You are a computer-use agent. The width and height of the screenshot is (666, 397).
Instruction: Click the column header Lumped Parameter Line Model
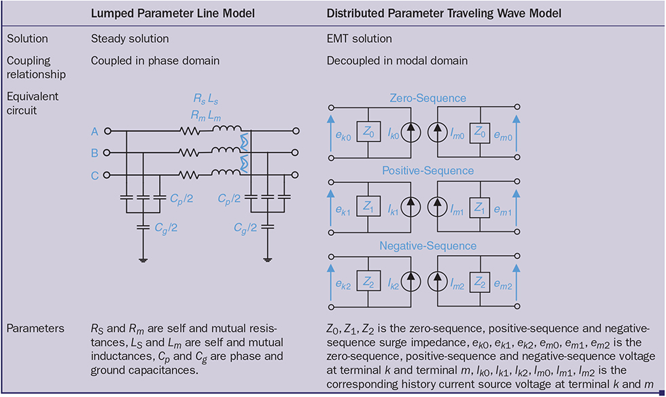click(x=166, y=14)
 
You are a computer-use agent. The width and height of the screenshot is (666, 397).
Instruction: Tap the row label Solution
click(x=27, y=39)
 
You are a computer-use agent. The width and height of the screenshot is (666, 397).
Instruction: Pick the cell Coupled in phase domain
click(x=155, y=61)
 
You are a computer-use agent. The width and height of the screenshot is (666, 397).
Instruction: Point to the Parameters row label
click(x=35, y=328)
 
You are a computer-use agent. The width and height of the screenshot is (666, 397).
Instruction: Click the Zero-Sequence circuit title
click(x=427, y=99)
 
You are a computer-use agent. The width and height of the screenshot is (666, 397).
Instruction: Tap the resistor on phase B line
click(x=189, y=153)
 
